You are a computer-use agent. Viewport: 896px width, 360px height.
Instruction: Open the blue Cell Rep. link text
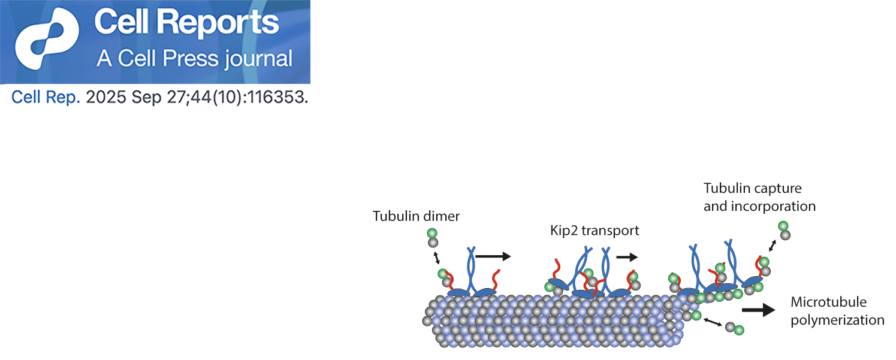[46, 98]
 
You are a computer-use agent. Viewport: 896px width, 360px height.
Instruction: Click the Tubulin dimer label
[416, 216]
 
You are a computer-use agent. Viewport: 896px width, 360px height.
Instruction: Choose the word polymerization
[837, 320]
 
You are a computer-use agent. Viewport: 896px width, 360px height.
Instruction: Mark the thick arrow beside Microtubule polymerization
[758, 310]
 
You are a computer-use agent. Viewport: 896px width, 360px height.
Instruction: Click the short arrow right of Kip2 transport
[626, 256]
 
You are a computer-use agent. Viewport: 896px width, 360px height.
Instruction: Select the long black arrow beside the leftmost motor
[493, 256]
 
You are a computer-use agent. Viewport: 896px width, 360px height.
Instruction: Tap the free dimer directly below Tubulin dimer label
[432, 238]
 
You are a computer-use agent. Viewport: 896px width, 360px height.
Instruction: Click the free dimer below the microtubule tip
[735, 328]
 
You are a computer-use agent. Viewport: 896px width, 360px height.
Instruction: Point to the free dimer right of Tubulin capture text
[783, 230]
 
